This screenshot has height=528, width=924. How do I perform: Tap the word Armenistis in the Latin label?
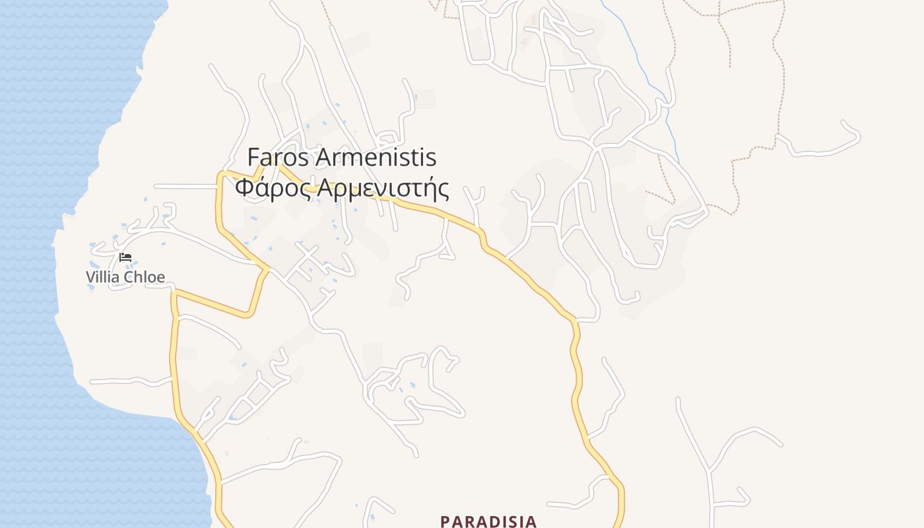376,158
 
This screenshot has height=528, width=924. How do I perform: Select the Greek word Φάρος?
273,188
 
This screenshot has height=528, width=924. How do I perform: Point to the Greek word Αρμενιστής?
383,188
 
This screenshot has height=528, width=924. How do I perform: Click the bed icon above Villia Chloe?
125,257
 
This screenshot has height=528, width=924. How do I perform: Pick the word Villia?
103,277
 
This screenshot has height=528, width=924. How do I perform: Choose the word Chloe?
145,277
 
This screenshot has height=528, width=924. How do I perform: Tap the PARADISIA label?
488,521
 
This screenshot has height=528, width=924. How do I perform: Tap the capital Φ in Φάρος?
244,188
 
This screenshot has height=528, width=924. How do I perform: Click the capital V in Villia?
90,277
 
